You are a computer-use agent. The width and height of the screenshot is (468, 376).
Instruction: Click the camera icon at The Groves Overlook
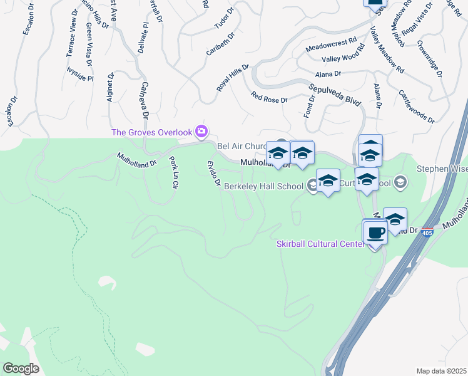201,131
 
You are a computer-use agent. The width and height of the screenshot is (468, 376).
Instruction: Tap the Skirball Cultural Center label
320,244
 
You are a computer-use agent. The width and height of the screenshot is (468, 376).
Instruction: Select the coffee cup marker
375,233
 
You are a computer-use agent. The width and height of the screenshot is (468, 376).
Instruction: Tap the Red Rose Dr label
269,98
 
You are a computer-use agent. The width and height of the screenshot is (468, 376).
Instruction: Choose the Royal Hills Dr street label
233,78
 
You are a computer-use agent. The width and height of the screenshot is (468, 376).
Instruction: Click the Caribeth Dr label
220,44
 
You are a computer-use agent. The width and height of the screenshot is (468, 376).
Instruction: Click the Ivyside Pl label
80,79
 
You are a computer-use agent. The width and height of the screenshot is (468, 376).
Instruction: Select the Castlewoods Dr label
416,105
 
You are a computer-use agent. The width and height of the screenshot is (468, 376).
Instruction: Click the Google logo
21,368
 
